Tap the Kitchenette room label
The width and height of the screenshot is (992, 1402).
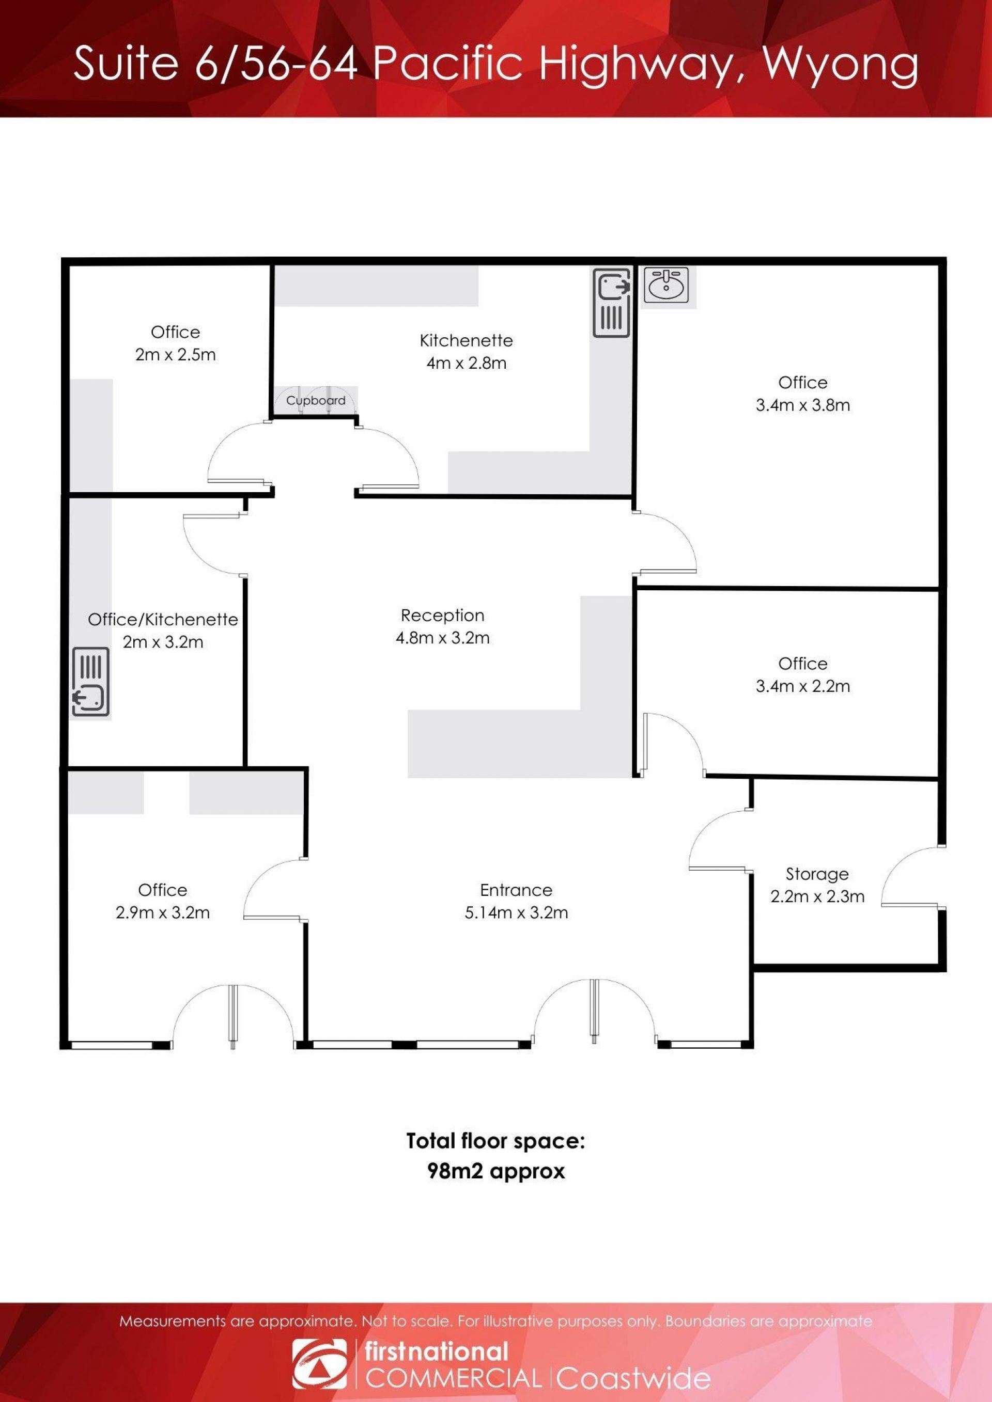(466, 340)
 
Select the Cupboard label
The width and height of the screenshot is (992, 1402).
(316, 401)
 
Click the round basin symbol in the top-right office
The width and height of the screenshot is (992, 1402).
(666, 285)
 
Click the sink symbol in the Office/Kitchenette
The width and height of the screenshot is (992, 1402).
(91, 682)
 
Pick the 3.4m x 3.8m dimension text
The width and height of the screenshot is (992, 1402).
(802, 405)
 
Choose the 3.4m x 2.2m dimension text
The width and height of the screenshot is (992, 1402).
(802, 686)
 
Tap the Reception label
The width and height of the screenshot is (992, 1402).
(442, 616)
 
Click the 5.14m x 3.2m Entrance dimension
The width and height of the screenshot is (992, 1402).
(516, 912)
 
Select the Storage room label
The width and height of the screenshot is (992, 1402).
(817, 874)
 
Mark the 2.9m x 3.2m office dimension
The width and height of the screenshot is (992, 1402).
(162, 912)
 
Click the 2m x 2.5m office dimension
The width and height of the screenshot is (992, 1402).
(175, 354)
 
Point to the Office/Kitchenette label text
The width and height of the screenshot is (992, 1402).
(163, 619)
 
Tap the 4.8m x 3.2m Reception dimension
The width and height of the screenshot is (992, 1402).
(442, 638)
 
